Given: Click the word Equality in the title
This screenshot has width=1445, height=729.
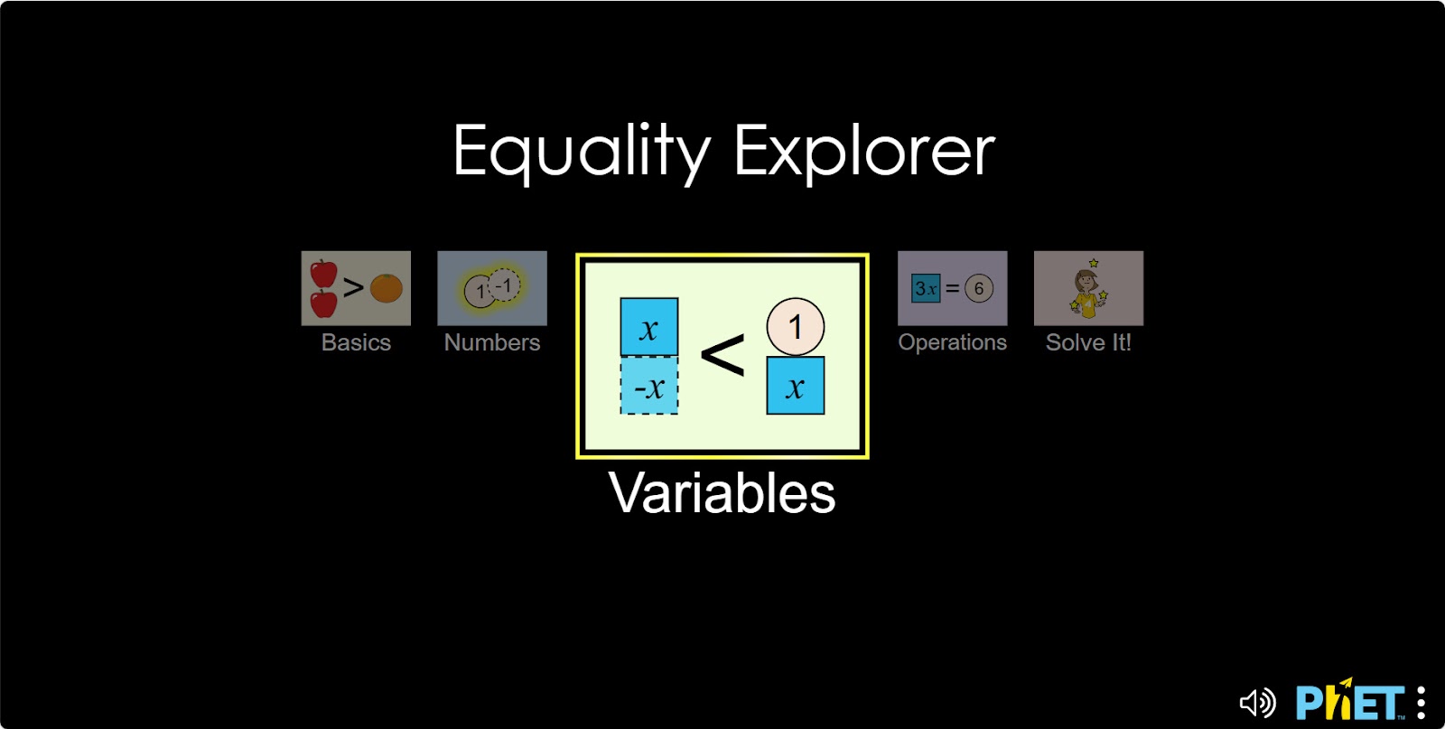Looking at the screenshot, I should click(582, 151).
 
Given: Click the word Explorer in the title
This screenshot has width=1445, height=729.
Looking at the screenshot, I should click(863, 151).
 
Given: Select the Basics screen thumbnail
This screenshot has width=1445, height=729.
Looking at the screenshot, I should click(356, 288).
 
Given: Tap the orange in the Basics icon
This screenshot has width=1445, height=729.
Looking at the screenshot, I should click(387, 288).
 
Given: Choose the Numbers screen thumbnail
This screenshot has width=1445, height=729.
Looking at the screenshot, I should click(492, 288).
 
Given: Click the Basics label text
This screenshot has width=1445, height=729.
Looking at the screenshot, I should click(356, 342).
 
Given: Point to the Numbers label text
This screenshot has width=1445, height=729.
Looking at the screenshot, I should click(492, 342).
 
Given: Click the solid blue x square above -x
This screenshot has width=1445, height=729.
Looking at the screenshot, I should click(648, 327).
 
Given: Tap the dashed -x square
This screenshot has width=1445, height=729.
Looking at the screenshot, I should click(648, 387).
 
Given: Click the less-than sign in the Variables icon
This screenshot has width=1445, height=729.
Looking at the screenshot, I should click(722, 355).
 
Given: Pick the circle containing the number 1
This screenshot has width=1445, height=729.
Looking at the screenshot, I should click(795, 326).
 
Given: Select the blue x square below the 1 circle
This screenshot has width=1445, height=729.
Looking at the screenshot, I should click(795, 386).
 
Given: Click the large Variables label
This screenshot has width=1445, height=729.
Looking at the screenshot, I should click(722, 493).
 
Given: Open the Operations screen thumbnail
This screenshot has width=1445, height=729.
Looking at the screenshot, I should click(952, 288).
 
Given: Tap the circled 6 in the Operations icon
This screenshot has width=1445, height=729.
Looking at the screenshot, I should click(978, 288).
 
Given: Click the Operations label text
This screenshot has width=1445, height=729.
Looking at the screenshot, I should click(952, 342).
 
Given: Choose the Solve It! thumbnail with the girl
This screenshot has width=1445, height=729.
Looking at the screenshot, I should click(1088, 288).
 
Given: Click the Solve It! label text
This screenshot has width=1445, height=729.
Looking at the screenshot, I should click(1088, 342).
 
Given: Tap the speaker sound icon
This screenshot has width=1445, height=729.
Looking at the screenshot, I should click(1256, 702).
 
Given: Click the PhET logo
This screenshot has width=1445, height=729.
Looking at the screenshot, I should click(1349, 701).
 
